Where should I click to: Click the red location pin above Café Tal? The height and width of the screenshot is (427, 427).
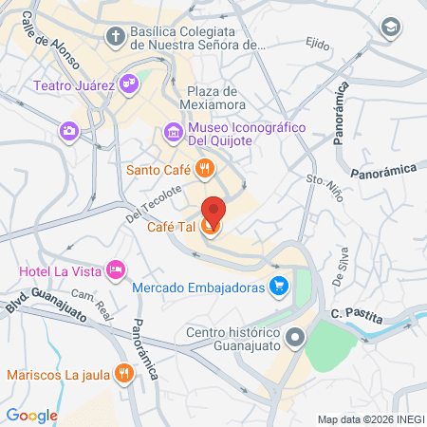tap(213, 210)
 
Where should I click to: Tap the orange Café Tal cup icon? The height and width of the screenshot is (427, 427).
tap(213, 227)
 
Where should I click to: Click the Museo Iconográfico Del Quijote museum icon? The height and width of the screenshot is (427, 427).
tap(173, 132)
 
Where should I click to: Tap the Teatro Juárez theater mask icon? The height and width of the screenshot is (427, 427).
tap(130, 85)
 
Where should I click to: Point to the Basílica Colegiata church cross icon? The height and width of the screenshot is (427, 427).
tap(115, 37)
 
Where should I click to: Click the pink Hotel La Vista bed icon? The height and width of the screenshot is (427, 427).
tap(116, 271)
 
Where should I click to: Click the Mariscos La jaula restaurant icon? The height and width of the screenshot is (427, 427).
tap(122, 374)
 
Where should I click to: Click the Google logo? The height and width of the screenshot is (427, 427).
tap(32, 414)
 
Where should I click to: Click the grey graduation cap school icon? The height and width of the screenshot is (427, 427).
tap(388, 28)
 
